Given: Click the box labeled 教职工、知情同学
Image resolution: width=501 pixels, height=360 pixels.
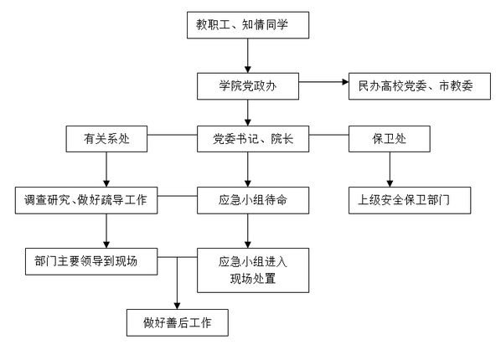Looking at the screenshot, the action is click(248, 25).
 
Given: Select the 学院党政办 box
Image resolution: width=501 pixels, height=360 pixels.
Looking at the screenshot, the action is click(248, 86).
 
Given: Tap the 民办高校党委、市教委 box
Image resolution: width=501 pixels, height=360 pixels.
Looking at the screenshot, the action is click(420, 86).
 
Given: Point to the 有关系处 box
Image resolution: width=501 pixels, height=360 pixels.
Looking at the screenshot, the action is click(106, 139).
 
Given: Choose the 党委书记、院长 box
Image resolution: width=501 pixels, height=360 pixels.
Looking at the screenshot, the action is click(253, 139).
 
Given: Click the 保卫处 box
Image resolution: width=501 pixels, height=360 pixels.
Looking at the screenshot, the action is click(390, 139).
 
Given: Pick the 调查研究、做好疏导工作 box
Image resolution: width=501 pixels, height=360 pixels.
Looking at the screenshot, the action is click(86, 200).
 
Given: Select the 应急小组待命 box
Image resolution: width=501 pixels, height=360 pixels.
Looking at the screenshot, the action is click(253, 200).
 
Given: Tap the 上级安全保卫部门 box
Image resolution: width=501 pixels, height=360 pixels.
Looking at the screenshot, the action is click(410, 200).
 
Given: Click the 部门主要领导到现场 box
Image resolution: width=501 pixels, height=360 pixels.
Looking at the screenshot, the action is click(91, 261).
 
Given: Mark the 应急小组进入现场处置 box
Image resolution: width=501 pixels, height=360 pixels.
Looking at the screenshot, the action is click(253, 270).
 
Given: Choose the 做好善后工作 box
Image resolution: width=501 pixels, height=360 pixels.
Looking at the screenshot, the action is click(178, 322).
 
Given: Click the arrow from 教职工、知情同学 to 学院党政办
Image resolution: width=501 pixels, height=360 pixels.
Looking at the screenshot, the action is click(248, 55).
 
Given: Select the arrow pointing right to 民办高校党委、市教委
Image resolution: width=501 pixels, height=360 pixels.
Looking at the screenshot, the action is click(323, 82).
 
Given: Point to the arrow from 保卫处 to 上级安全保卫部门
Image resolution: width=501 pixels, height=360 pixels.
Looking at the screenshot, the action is click(390, 170).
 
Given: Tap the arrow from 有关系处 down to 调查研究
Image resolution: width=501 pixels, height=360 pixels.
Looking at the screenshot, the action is click(106, 170).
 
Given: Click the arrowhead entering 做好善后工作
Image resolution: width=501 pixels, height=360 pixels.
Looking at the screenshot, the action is click(178, 306).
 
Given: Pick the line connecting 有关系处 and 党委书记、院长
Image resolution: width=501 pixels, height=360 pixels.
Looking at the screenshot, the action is click(173, 135).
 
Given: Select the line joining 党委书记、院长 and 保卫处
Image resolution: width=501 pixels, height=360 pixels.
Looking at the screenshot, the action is click(328, 135).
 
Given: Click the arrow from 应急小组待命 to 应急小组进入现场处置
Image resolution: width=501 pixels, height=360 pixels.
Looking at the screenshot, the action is click(248, 231).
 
